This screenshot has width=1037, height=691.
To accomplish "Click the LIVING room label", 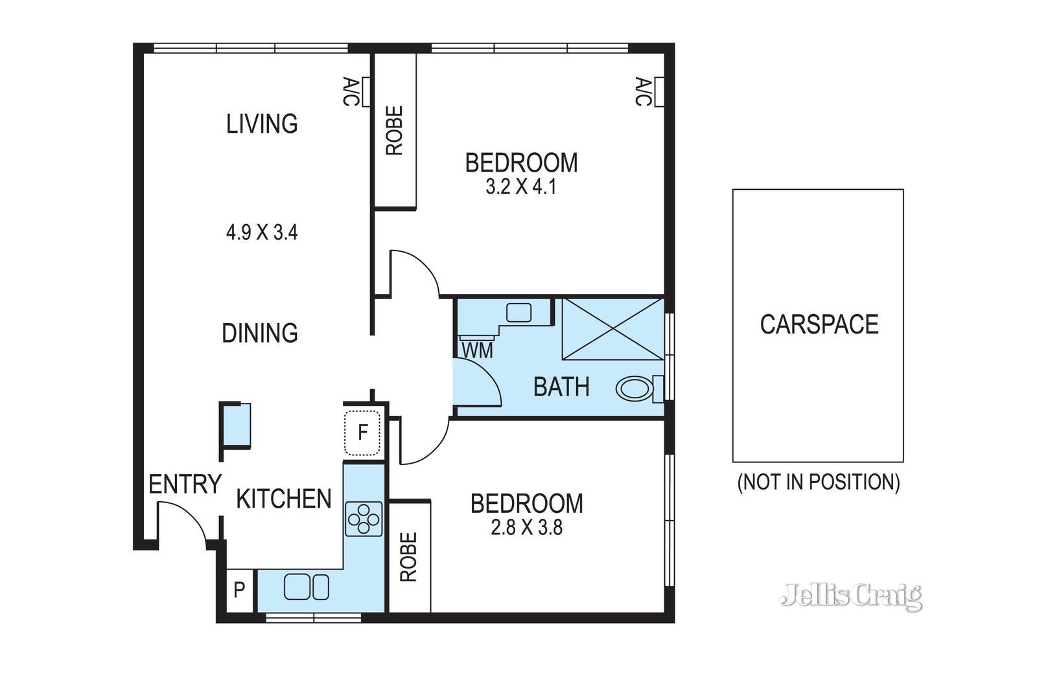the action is tap(262, 124).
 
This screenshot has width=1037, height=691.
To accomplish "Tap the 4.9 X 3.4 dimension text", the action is tap(262, 232).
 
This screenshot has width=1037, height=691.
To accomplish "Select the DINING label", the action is tap(260, 333).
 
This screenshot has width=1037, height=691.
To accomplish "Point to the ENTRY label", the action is tap(185, 484).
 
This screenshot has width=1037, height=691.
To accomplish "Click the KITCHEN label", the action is tap(284, 499).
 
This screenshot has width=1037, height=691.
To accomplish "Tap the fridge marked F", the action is tap(362, 433).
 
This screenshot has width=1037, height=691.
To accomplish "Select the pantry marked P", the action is tap(239, 590).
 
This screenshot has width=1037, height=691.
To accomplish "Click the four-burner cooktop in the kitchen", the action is tap(364, 519).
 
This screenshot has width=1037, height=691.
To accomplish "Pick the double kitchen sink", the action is tap(307, 587).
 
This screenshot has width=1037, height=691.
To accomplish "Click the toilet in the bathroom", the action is tap(640, 389).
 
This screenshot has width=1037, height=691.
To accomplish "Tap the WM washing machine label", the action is tap(477, 350).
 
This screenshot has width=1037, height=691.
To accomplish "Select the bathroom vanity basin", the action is tap(518, 313).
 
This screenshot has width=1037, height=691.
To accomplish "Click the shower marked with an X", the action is tap(613, 329).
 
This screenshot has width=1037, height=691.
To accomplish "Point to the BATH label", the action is tap(561, 387).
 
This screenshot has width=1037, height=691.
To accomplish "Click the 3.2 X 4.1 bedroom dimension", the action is tap(521, 187).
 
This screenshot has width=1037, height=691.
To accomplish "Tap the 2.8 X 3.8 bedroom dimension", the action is tap(526, 528).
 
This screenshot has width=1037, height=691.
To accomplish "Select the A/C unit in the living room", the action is tap(366, 92).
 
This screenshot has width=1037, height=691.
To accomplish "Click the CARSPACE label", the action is tap(819, 324).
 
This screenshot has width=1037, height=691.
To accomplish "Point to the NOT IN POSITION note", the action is tap(819, 482).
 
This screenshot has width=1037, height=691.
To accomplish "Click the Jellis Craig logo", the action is tap(851, 597).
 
